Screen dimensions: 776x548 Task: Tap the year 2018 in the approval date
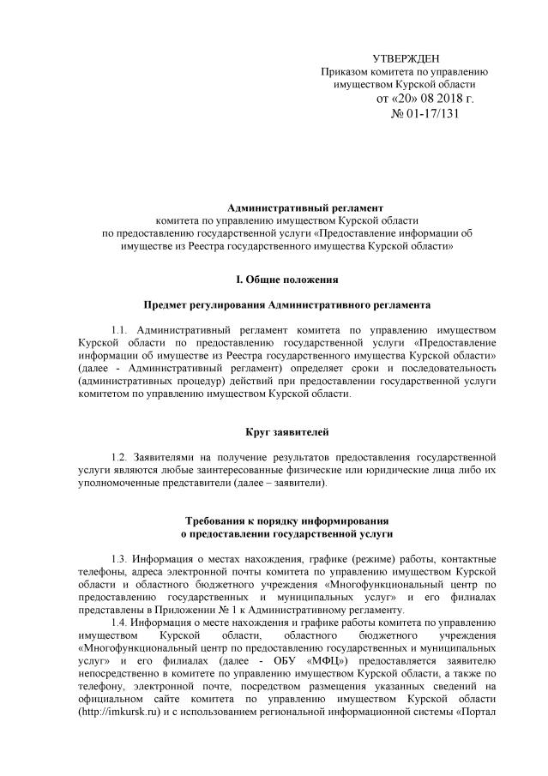(x=443, y=99)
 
